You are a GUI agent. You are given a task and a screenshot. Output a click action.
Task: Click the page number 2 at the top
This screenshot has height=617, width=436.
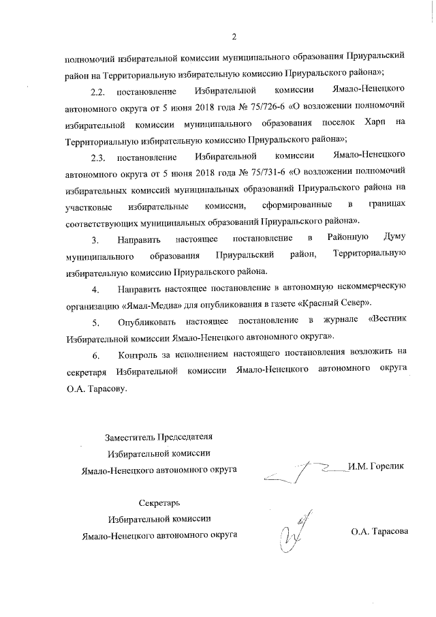point(234,37)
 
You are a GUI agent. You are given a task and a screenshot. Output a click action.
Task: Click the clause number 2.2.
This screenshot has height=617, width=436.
point(98,91)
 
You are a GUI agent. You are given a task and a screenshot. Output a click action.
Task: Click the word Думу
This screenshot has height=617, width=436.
point(395,238)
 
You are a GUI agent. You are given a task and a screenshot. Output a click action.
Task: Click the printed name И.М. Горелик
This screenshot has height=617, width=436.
point(375,466)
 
